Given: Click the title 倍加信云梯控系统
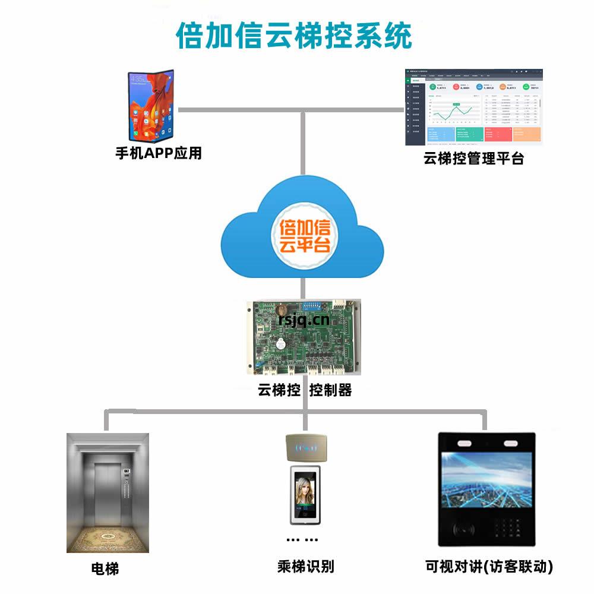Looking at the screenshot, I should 294,36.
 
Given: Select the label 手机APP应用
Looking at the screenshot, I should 159,153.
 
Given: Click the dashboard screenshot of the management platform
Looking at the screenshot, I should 473,108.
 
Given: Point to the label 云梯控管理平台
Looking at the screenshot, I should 473,159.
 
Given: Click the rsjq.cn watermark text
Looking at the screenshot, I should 304,320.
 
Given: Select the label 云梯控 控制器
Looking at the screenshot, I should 305,390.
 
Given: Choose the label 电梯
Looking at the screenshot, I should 105,568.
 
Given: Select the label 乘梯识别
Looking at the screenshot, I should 305,566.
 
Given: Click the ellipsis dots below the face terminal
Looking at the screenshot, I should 302,540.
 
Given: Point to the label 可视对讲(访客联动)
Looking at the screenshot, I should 489,567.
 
